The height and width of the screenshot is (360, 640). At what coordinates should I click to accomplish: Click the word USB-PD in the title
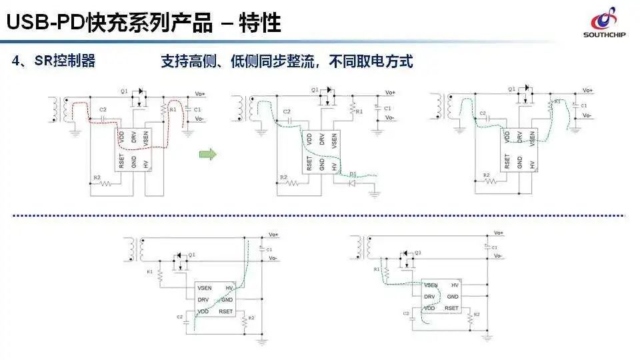pyautogui.click(x=41, y=23)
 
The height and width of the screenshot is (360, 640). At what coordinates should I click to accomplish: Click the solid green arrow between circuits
pyautogui.click(x=208, y=155)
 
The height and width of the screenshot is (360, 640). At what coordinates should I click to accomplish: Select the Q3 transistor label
pyautogui.click(x=417, y=253)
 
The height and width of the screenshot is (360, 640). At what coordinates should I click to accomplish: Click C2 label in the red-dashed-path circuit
pyautogui.click(x=102, y=109)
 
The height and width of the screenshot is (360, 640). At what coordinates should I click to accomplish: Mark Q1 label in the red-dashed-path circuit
pyautogui.click(x=123, y=89)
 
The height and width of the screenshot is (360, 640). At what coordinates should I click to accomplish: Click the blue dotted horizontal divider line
pyautogui.click(x=320, y=215)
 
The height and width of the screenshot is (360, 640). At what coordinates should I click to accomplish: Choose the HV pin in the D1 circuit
pyautogui.click(x=334, y=163)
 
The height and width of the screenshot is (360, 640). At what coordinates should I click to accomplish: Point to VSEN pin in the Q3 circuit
pyautogui.click(x=431, y=285)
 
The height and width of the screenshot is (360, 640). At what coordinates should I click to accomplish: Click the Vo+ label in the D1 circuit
pyautogui.click(x=390, y=92)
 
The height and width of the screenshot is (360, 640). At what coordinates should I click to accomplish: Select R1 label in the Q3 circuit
pyautogui.click(x=377, y=269)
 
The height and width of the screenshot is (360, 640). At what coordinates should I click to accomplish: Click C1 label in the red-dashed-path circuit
pyautogui.click(x=197, y=109)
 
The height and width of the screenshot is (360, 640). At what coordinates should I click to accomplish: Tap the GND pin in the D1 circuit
pyautogui.click(x=321, y=163)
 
